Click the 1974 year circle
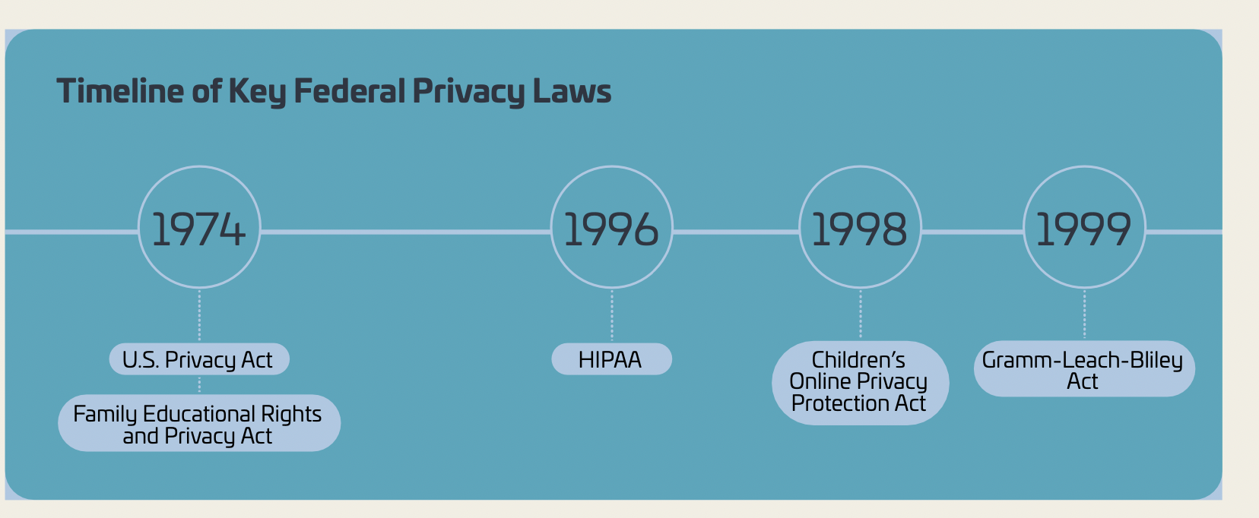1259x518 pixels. pos(199,228)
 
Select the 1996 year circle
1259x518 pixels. pos(611,228)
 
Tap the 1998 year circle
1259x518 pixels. pos(860,228)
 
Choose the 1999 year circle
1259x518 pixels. pos(1084,228)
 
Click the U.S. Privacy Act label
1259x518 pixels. pos(198,359)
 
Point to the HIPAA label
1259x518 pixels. pos(611,359)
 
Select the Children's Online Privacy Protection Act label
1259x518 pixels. pos(860,382)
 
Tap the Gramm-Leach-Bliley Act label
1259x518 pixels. pos(1084,369)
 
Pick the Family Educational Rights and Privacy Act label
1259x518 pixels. pos(198,424)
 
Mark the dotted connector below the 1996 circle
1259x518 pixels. pos(612,315)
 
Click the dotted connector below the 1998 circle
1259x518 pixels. pos(861,314)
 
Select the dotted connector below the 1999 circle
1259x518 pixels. pos(1085,314)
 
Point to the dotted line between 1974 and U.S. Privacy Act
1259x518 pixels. pos(199,315)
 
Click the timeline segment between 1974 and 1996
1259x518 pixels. pos(405,232)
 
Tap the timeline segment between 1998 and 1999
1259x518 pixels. pos(972,232)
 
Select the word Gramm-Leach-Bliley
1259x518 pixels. pos(1082,360)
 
